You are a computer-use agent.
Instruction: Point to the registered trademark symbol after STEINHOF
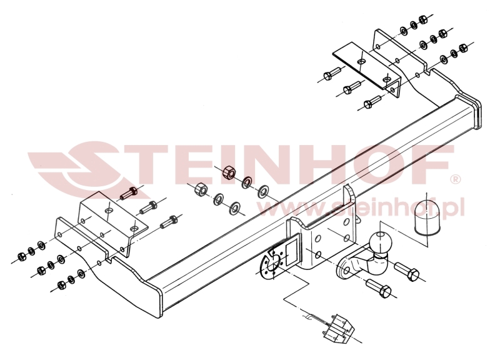click(455, 179)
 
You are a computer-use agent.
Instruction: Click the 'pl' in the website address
click(457, 207)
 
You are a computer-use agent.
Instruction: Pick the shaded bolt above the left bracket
click(129, 193)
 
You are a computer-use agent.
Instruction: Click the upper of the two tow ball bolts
click(407, 272)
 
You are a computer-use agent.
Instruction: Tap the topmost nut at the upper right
click(423, 19)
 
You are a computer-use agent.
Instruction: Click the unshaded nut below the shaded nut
click(200, 190)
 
